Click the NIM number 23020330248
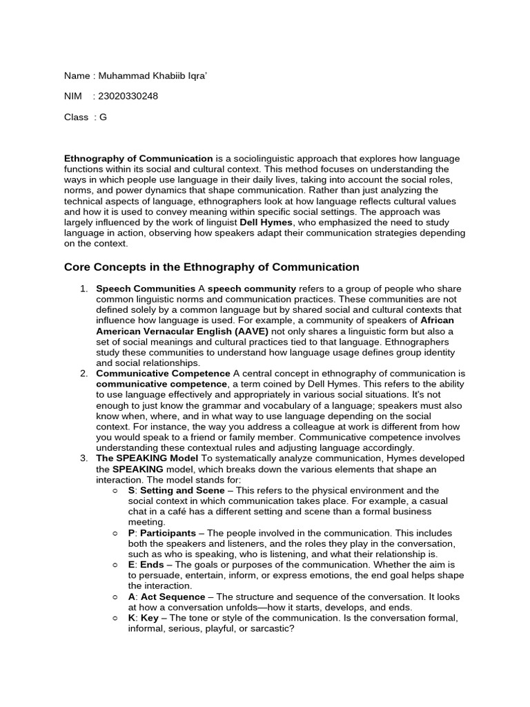(x=129, y=96)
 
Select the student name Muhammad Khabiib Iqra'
(x=153, y=75)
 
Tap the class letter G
(x=104, y=117)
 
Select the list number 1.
(x=83, y=289)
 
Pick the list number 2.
(x=83, y=374)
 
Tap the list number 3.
(x=83, y=458)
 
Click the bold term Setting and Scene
(x=176, y=490)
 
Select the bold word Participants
(x=169, y=533)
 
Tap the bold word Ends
(x=153, y=565)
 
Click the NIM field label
(x=72, y=96)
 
